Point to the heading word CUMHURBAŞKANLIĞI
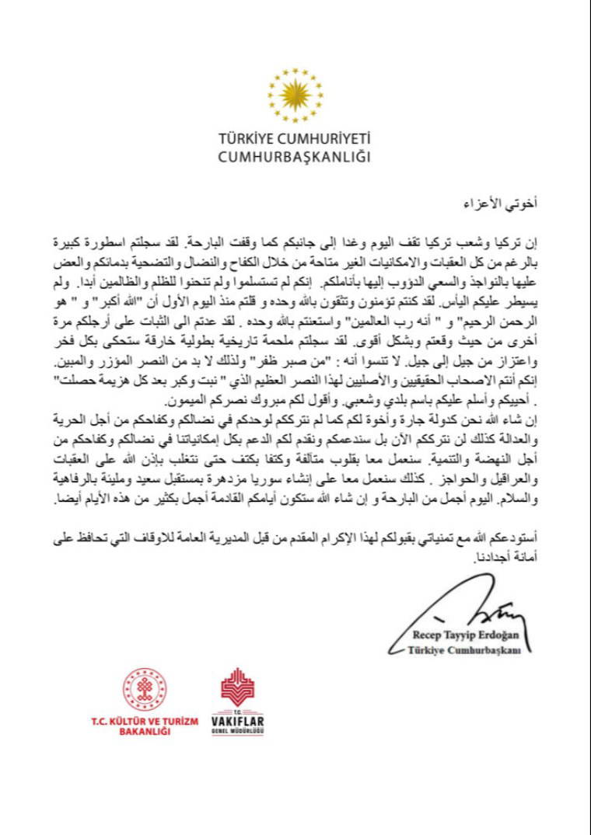click(x=295, y=157)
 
